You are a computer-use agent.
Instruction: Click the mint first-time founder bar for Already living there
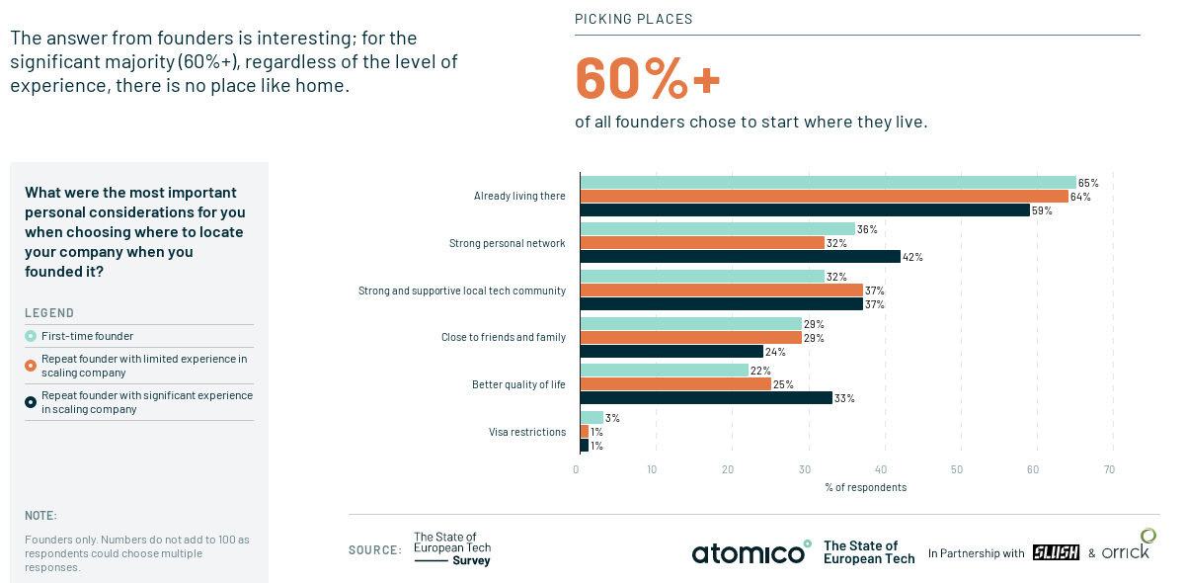tap(828, 182)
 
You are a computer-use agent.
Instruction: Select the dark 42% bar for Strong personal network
tap(740, 257)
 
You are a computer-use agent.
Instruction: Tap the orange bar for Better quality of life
tap(675, 383)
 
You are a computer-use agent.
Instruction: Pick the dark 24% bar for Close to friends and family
tap(671, 351)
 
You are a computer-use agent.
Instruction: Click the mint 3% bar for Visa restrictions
tap(592, 418)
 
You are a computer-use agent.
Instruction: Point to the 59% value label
tap(1042, 210)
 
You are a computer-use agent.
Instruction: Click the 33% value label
tap(844, 398)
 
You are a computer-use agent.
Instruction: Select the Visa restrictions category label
tap(527, 432)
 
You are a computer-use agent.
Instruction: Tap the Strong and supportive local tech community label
tap(462, 291)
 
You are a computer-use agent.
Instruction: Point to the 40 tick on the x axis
tap(881, 469)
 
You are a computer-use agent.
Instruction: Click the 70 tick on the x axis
tap(1109, 469)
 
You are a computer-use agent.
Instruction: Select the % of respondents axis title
tap(865, 487)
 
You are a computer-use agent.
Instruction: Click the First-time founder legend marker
tap(31, 336)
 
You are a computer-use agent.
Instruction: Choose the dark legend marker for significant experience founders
tap(31, 402)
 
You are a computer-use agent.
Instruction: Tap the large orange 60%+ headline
tap(648, 79)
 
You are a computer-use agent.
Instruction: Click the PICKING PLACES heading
tap(634, 19)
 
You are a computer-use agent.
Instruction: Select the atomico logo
tap(750, 553)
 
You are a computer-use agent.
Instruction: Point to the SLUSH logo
tap(1056, 553)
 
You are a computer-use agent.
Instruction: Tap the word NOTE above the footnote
tap(40, 516)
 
